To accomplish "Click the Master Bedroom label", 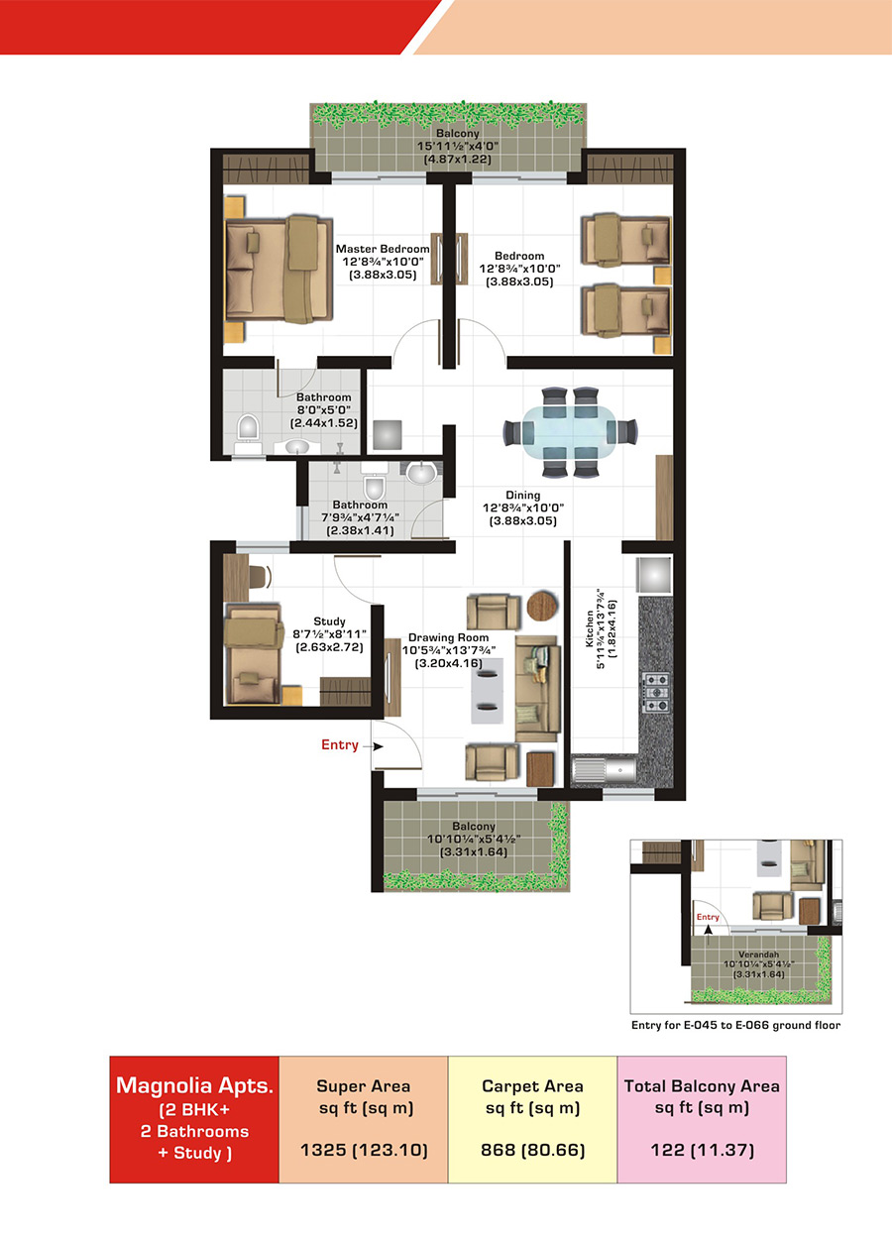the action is [x=383, y=249].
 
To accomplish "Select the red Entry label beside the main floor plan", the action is [x=340, y=744].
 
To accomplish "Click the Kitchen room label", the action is [x=590, y=628].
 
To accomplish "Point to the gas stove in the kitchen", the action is [x=656, y=692].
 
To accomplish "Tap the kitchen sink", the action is [x=604, y=769].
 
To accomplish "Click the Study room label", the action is [x=329, y=621].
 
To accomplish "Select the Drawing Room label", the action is [x=448, y=637].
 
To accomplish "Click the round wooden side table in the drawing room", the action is [x=543, y=606].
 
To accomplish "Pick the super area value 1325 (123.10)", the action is [x=364, y=1150].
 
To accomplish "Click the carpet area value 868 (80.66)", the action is [x=532, y=1150].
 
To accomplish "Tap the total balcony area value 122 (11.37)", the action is [x=702, y=1150].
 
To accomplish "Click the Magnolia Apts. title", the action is [x=195, y=1085].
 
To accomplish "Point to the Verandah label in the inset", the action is [x=758, y=955].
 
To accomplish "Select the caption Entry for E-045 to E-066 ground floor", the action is [x=736, y=1025].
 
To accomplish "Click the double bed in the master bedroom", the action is [x=279, y=270].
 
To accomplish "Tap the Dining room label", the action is [x=523, y=495].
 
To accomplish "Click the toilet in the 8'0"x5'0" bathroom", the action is [x=249, y=430].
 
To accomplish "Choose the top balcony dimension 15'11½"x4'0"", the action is [x=458, y=146].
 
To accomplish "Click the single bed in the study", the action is [x=253, y=654].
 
